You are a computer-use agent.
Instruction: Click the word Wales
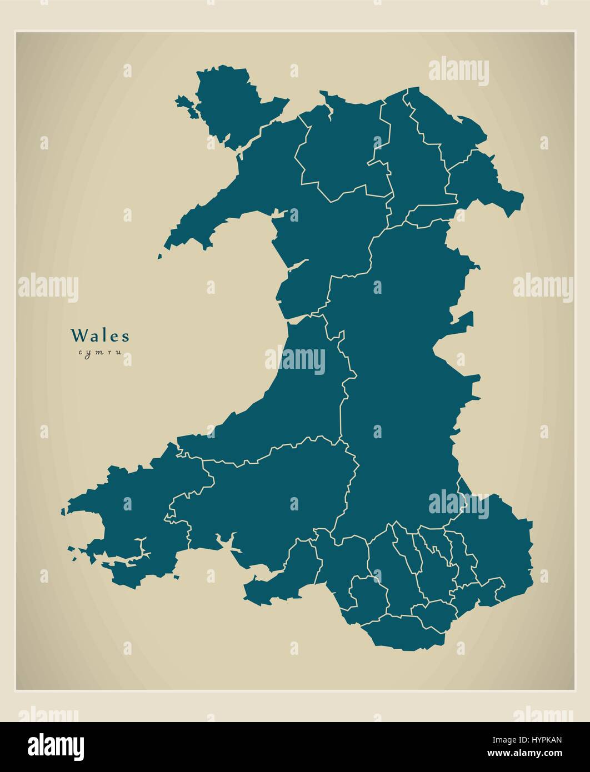click(x=100, y=336)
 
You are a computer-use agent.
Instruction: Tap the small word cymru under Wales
click(x=100, y=352)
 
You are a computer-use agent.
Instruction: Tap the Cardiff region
click(x=439, y=614)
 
